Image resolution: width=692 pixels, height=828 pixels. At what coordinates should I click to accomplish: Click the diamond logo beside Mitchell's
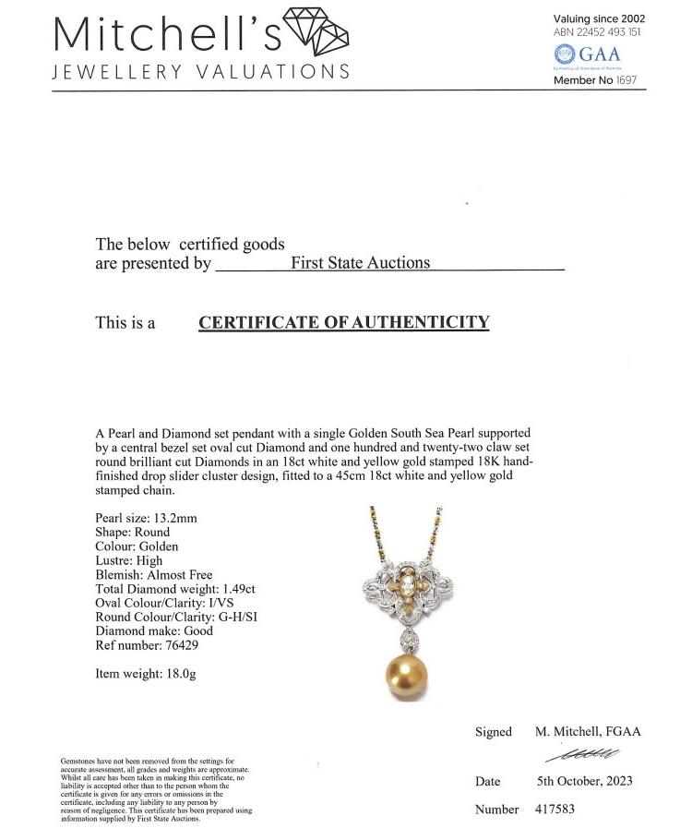(316, 31)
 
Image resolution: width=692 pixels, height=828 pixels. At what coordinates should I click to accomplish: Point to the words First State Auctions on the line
(360, 263)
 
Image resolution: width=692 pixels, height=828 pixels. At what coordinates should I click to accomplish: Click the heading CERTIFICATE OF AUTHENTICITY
(343, 322)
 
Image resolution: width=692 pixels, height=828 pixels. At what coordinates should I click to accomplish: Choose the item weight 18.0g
(177, 674)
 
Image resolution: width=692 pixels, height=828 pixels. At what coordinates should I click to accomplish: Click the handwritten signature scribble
(583, 755)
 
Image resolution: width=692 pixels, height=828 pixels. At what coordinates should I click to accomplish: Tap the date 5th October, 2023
(585, 781)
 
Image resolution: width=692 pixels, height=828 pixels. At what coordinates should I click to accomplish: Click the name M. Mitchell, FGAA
(588, 732)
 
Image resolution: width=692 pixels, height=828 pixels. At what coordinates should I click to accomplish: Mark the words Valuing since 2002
(599, 18)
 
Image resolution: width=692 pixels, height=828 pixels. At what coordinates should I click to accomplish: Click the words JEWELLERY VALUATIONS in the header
(201, 72)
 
